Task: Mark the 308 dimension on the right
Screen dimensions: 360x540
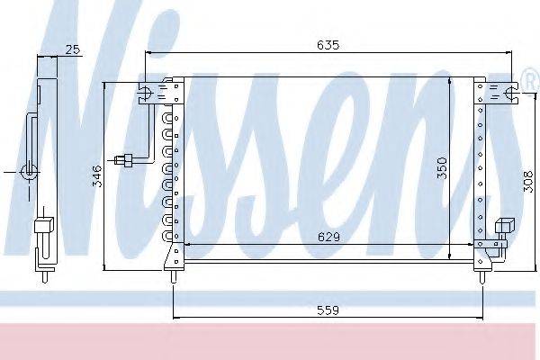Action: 525,184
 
